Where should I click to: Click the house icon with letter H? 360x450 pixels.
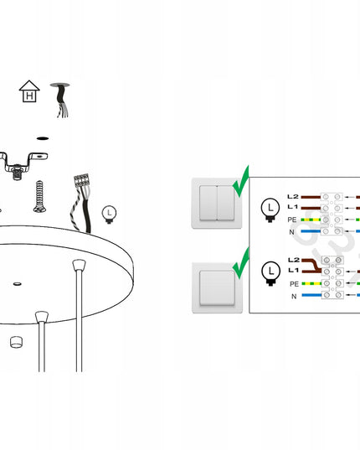[x=29, y=91]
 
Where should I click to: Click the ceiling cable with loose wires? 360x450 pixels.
[x=60, y=100]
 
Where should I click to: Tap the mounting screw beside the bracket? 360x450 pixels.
[x=39, y=197]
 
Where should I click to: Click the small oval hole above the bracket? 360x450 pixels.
[x=43, y=138]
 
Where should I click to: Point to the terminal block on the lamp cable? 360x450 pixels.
[x=81, y=180]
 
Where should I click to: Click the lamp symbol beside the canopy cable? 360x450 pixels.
[x=109, y=215]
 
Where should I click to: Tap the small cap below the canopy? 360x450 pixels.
[x=16, y=342]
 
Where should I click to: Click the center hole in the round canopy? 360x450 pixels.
[x=18, y=284]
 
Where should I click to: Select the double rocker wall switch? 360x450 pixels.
[x=217, y=203]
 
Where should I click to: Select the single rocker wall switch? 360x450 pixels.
[x=217, y=288]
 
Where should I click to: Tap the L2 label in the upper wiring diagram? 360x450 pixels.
[x=293, y=197]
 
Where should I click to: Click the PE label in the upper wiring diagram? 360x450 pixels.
[x=292, y=220]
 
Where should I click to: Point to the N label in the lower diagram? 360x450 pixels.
[x=294, y=296]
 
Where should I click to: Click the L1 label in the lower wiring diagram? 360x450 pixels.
[x=293, y=270]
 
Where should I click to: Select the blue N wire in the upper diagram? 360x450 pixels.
[x=311, y=231]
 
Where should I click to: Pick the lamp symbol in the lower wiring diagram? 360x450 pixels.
[x=271, y=273]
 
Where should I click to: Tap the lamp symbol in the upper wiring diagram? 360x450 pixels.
[x=270, y=210]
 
